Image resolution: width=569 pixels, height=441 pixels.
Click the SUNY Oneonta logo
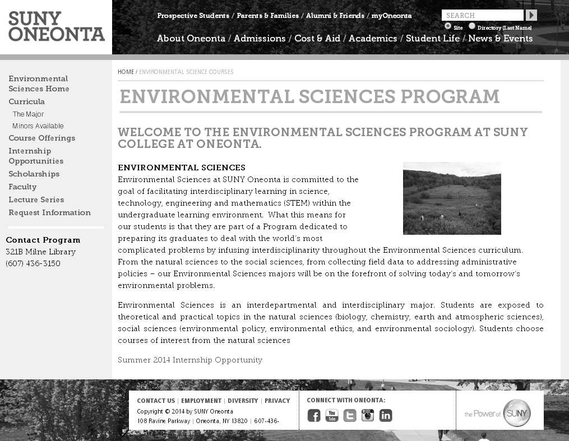coord(56,26)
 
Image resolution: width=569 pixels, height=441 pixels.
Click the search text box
coord(482,16)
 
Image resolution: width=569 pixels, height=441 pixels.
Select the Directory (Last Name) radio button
coord(472,26)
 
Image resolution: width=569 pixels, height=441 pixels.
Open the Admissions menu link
coord(260,39)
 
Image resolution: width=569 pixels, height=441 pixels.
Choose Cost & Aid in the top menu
coord(317,39)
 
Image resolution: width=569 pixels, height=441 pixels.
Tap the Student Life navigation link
coord(432,39)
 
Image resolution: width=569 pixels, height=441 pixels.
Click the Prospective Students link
coord(193,16)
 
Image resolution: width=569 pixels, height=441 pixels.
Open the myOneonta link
coord(391,16)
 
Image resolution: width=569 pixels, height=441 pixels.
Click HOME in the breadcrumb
coord(126,72)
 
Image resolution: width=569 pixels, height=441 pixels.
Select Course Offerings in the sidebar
coord(41,138)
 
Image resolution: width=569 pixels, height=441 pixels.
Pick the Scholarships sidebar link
coord(34,174)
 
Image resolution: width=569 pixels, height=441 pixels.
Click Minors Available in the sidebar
coord(38,126)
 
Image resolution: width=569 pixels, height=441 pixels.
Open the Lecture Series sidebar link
coord(36,199)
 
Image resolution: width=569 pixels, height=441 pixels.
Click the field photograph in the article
coord(452,198)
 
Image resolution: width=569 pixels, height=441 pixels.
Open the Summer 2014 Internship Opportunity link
coord(190,360)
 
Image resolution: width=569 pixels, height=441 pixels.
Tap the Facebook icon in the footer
coord(314,415)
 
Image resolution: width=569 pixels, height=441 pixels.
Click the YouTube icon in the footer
coord(332,415)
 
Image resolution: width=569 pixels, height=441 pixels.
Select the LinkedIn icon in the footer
coord(386,415)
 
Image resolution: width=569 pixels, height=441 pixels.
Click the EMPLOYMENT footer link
coord(201,401)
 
